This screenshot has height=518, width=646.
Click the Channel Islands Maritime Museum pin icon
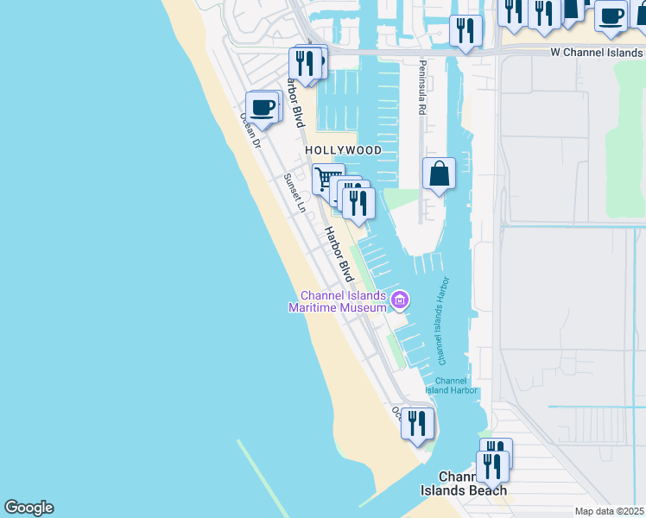pos(399,300)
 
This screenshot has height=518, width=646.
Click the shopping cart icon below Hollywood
pos(327,180)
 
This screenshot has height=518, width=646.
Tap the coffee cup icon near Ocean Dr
pos(263,108)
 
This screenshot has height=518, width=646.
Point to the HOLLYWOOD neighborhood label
pos(343,150)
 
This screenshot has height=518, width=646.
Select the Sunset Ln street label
pos(295,193)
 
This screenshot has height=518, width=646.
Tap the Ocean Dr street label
pos(250,129)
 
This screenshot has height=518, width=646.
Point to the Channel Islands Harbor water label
pos(445,319)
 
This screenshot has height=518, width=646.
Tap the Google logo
pos(28,508)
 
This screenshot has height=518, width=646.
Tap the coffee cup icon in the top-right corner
pos(611,16)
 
